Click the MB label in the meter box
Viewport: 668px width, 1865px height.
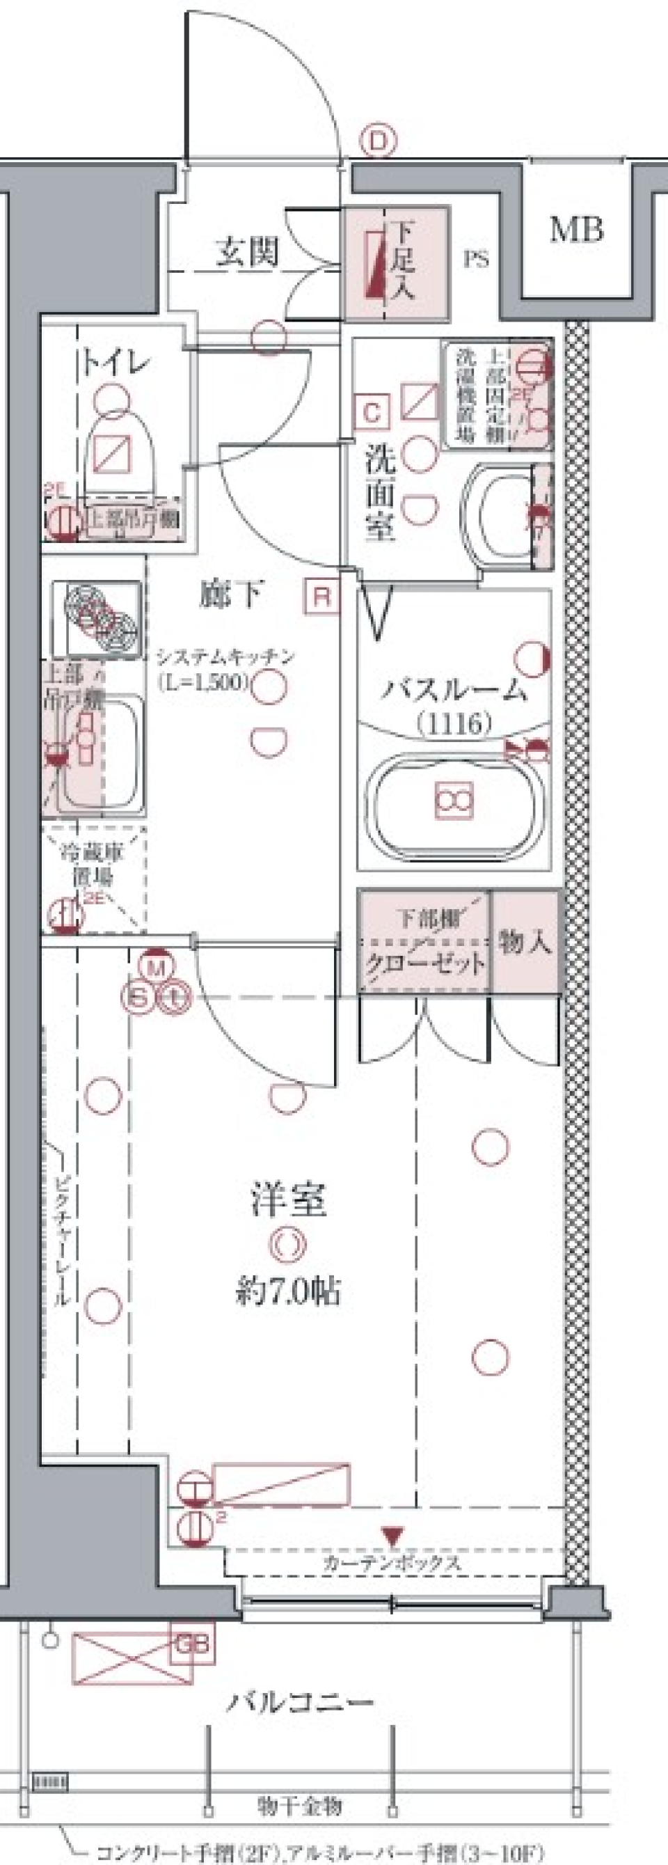576,230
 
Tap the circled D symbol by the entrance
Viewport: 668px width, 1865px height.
379,141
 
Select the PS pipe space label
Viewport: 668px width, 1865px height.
475,258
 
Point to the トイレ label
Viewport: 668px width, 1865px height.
115,361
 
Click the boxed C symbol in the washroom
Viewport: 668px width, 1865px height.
372,413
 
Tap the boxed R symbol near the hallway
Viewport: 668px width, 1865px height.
322,597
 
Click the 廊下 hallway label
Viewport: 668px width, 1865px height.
231,594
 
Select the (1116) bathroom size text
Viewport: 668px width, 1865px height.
454,723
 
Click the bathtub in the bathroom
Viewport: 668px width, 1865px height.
454,801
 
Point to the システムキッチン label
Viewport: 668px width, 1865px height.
226,656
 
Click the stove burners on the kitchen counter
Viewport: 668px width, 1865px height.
97,619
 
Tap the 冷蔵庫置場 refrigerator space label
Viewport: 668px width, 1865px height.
92,865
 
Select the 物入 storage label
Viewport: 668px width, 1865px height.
525,941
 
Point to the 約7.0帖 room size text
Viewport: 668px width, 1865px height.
288,1291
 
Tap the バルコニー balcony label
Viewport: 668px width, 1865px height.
301,1702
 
